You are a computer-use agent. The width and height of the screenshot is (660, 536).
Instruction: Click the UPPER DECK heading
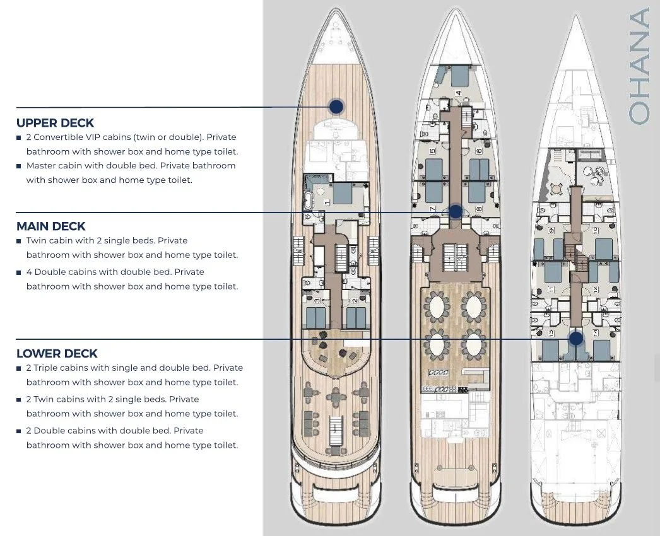coord(55,123)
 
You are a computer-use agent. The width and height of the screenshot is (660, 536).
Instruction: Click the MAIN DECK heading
coord(50,226)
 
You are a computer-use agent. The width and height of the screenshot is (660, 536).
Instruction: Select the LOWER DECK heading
coord(57,354)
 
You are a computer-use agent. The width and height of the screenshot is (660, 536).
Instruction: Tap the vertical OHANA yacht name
coord(639,66)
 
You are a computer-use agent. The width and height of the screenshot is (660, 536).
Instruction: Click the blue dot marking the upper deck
coord(336,107)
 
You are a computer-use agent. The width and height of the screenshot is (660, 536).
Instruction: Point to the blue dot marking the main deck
coord(455,213)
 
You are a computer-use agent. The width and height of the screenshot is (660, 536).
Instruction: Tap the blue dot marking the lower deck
coord(575,339)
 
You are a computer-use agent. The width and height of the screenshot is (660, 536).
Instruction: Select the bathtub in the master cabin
coord(309,203)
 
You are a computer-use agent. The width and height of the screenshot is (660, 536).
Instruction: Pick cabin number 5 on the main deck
coord(433,151)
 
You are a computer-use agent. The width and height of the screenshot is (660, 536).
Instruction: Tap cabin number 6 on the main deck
coord(479,151)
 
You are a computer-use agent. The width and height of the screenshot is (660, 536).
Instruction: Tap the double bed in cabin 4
coord(458,77)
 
